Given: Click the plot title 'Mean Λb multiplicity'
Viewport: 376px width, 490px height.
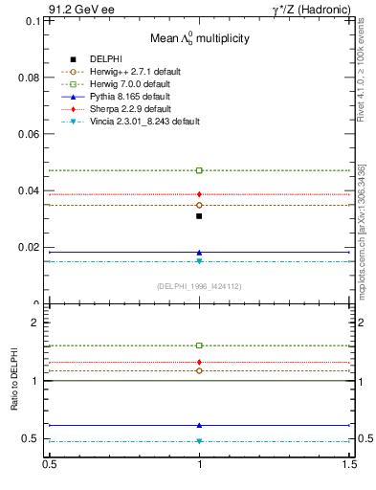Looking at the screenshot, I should [198, 38].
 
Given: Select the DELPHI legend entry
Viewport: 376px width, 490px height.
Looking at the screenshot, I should [92, 59].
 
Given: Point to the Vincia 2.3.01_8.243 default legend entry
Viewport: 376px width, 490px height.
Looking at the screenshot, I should [145, 122].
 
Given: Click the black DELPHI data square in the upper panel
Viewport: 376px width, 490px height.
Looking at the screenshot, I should [199, 216].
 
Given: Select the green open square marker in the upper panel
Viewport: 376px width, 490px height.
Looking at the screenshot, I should [199, 170].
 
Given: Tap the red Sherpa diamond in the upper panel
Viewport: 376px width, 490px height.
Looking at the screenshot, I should [199, 194].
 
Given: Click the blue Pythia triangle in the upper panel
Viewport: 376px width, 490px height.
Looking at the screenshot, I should [199, 253].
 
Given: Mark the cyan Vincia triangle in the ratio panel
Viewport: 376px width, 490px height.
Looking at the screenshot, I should [199, 441].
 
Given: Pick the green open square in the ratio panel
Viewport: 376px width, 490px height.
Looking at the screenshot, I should [199, 345].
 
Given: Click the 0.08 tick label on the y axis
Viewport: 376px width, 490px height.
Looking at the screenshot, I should [28, 77].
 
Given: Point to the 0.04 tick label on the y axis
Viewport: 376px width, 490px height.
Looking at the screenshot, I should [28, 190].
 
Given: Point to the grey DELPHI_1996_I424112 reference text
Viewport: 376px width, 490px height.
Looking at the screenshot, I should [199, 286].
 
